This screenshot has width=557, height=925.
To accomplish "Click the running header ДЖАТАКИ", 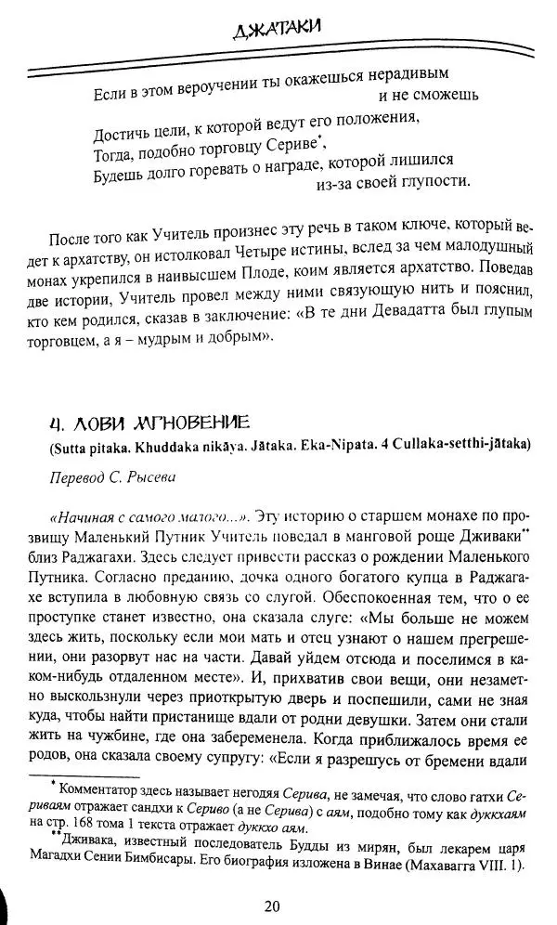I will pyautogui.click(x=278, y=27).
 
